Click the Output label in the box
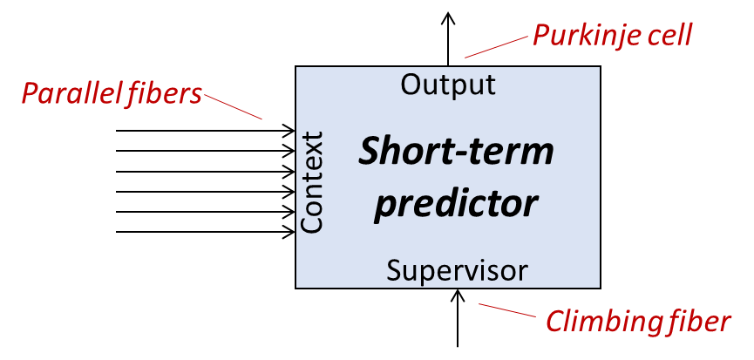(448, 85)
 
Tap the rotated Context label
(311, 182)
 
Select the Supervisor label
(457, 270)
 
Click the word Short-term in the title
(456, 152)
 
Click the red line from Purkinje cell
(495, 47)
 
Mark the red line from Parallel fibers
(234, 106)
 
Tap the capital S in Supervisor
(394, 270)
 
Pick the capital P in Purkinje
(540, 37)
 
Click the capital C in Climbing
(555, 322)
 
